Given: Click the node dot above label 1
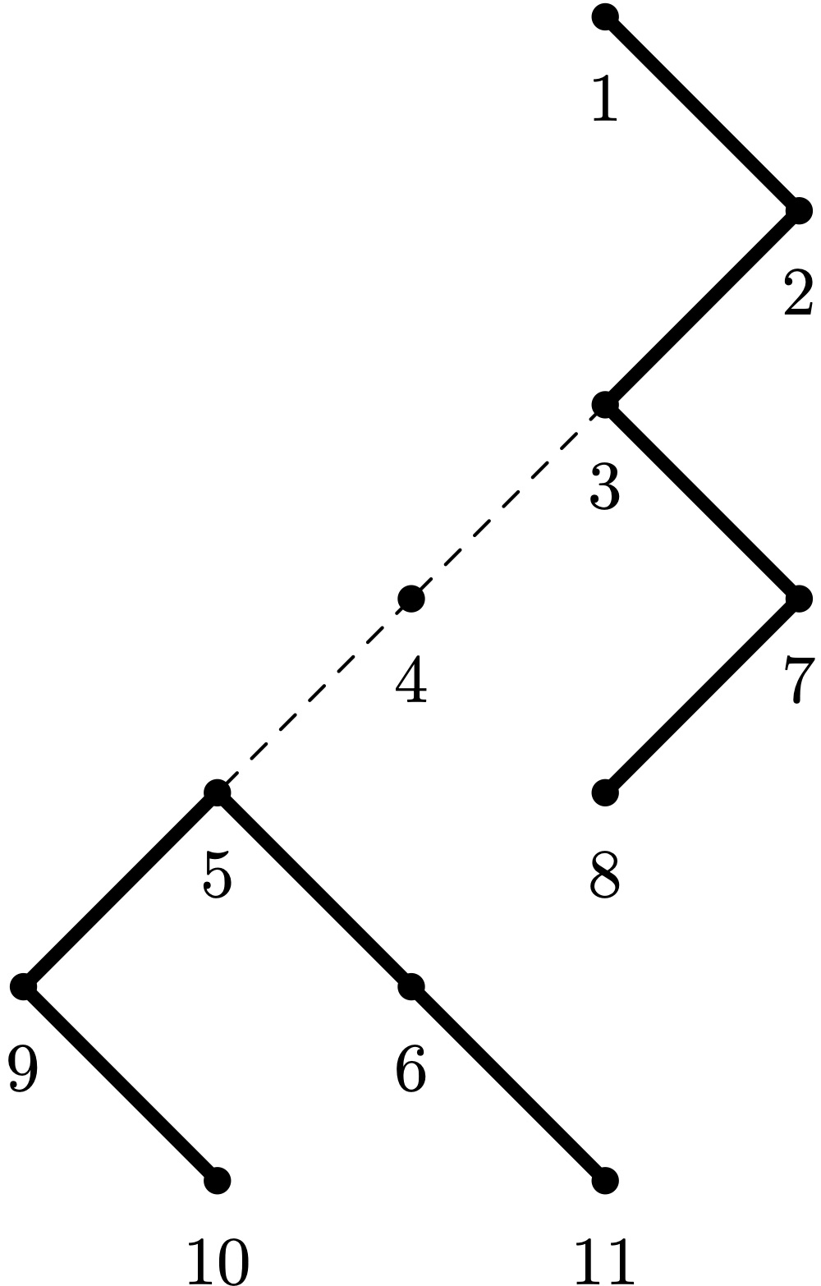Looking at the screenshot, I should click(x=605, y=16).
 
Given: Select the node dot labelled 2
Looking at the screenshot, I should click(x=799, y=211).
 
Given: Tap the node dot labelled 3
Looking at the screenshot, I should click(x=605, y=405).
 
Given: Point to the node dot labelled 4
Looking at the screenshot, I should click(x=411, y=599).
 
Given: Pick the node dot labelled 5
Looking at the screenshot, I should click(x=217, y=792).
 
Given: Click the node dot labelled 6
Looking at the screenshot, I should click(x=411, y=986).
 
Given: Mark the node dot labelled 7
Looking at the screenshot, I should click(x=799, y=599).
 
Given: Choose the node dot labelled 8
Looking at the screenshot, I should click(x=605, y=792).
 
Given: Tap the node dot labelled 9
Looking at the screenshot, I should click(x=23, y=986).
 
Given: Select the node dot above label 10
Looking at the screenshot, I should click(x=217, y=1181).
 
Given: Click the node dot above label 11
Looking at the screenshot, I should click(x=605, y=1181).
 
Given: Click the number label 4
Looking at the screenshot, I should click(x=411, y=680).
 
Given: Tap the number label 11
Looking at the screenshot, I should click(x=605, y=1261).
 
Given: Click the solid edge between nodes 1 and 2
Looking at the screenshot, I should click(x=702, y=113).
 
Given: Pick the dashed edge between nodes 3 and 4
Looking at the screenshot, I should click(x=508, y=502).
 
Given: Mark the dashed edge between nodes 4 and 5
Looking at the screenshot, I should click(x=314, y=696).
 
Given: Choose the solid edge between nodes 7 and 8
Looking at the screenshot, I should click(x=702, y=696).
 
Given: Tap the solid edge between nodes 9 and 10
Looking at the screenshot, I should click(x=120, y=1084).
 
